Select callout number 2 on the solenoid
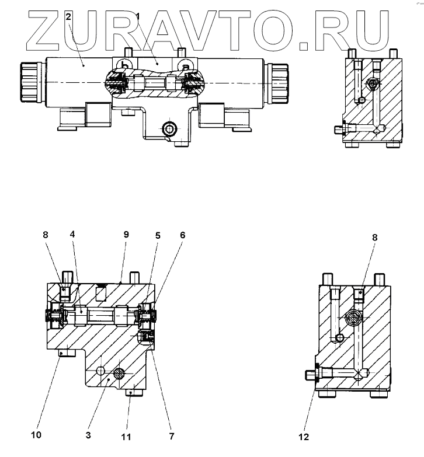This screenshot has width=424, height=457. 68,16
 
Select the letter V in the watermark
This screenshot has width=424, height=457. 206,30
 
